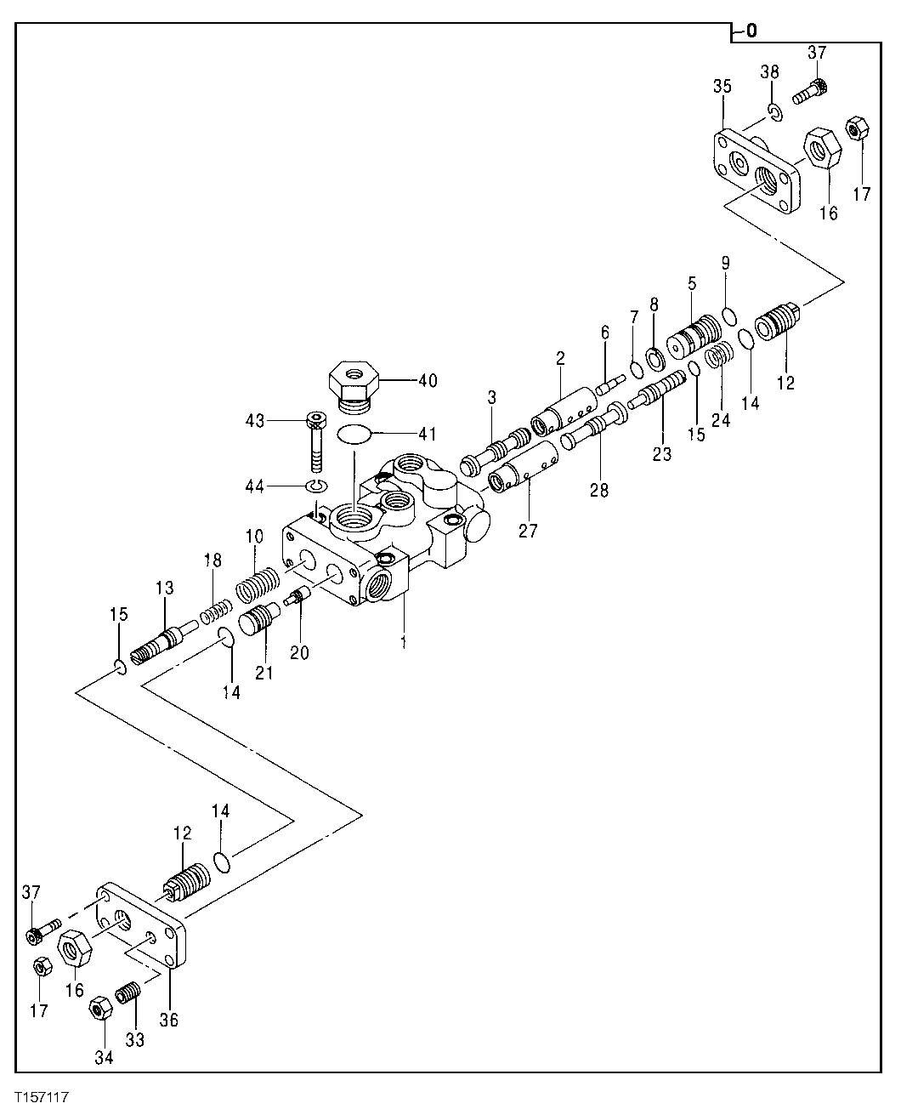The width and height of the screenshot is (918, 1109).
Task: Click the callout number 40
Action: tap(428, 381)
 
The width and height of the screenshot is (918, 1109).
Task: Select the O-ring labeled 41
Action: tap(354, 434)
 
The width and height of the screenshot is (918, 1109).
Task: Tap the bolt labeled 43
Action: tap(316, 443)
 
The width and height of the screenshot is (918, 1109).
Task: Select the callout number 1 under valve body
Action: tap(403, 642)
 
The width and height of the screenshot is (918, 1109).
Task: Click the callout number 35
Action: tap(722, 88)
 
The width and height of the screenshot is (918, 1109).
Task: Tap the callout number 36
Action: tap(168, 1020)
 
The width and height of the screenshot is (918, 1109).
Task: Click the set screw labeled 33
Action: tap(129, 992)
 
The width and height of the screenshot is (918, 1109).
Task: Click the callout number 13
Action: tap(163, 589)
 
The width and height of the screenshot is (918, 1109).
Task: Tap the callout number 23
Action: tap(661, 454)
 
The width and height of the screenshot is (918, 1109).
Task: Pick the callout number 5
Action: tap(691, 282)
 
